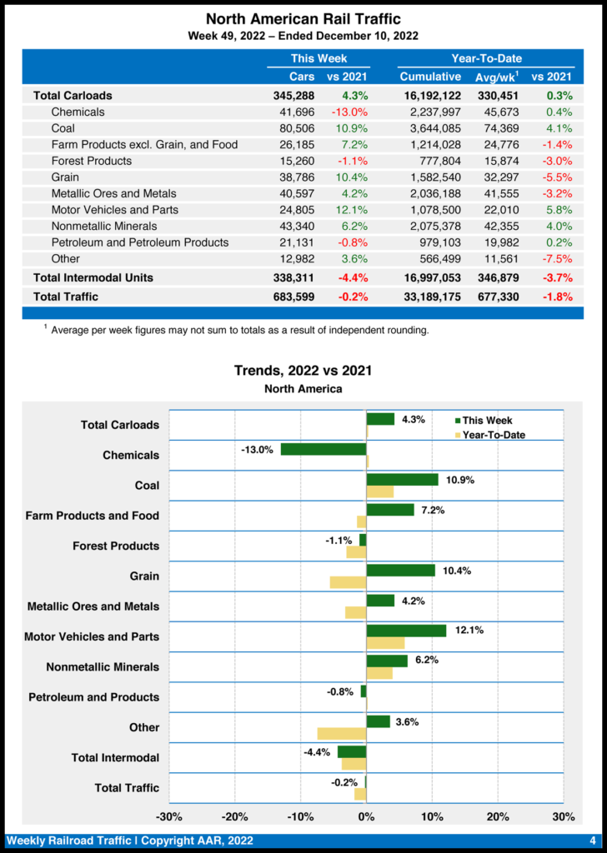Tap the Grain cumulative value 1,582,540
430,177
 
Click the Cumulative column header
431,77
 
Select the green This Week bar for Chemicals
324,449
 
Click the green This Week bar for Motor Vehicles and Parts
406,631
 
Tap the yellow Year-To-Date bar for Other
342,734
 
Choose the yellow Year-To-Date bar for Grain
348,582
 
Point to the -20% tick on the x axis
235,816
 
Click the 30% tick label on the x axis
564,816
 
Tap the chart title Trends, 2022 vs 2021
303,371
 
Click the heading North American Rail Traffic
303,18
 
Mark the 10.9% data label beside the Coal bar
459,481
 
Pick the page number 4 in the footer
592,841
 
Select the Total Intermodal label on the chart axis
115,758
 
